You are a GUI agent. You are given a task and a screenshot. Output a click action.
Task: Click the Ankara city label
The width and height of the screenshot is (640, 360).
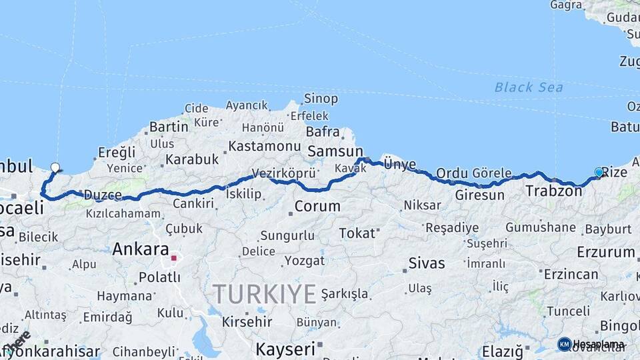140,249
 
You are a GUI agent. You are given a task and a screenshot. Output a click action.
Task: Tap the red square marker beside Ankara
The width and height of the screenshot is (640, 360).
174,258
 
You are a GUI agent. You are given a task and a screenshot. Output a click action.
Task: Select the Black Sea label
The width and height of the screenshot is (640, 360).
528,87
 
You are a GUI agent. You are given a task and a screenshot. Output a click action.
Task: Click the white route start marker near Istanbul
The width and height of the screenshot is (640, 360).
55,167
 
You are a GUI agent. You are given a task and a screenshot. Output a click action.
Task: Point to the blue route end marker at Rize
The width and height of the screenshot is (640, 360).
599,173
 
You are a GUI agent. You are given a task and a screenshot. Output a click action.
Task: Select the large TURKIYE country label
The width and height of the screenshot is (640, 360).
264,293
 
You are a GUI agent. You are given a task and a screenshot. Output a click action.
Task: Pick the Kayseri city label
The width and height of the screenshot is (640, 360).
285,349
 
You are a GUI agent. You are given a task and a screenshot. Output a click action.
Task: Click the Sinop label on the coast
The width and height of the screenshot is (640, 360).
321,99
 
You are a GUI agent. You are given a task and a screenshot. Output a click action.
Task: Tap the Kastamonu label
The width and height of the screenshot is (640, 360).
265,145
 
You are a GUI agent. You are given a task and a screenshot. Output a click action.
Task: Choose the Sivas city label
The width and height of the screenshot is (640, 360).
426,263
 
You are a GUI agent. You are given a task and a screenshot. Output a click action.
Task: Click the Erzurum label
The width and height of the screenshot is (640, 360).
605,252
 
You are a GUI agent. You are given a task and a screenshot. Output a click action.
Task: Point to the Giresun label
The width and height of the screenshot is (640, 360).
479,195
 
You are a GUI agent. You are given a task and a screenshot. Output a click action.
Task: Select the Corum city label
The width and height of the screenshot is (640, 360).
317,207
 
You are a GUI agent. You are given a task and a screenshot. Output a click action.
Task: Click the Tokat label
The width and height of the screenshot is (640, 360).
357,233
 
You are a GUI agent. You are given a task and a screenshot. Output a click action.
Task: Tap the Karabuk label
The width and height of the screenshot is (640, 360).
192,159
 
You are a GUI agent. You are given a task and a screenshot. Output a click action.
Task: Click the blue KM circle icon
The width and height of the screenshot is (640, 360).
564,344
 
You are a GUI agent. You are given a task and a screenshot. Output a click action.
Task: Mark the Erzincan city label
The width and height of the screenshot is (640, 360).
571,274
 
